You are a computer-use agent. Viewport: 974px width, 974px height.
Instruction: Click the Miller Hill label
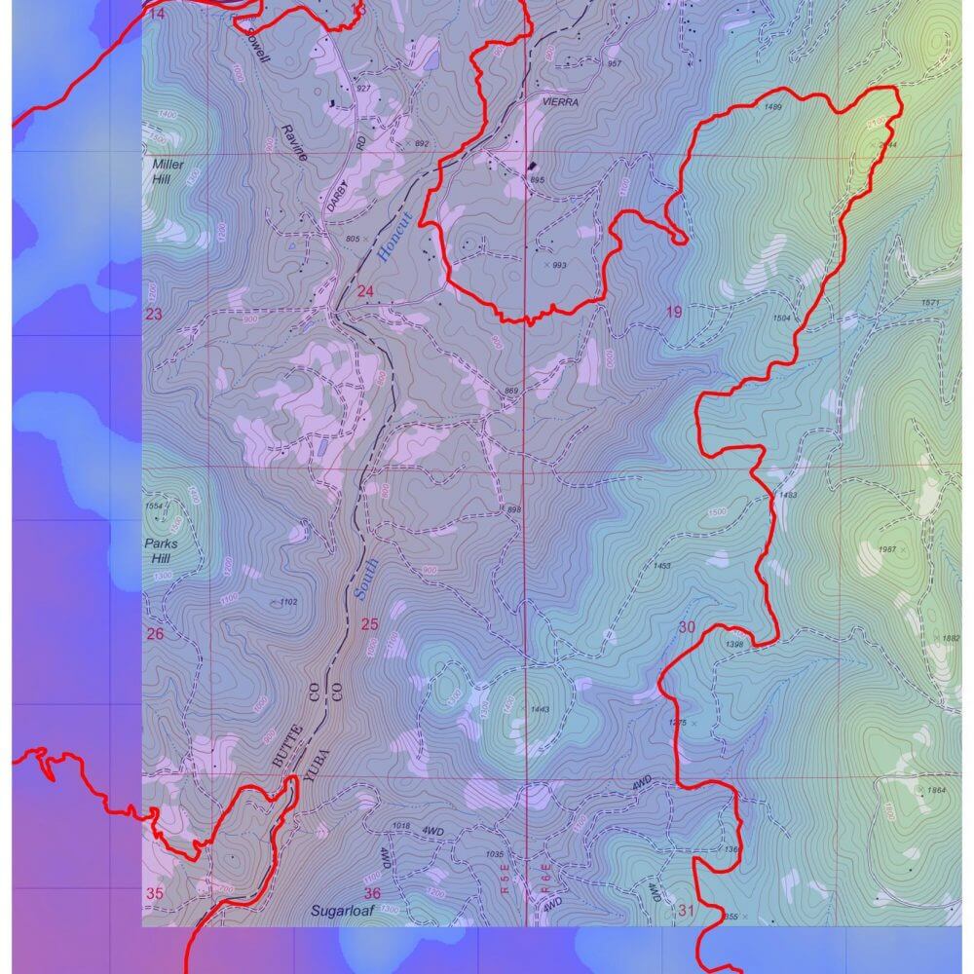tap(168, 171)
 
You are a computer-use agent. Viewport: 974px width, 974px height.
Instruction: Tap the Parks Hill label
tap(162, 551)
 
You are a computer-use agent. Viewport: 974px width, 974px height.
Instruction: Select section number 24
tap(365, 291)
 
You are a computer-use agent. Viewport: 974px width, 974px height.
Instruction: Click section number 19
tap(674, 312)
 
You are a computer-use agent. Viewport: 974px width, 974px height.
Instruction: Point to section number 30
tap(687, 627)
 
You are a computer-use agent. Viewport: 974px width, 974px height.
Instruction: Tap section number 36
tap(372, 893)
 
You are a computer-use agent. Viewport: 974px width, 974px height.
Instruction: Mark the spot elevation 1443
tap(541, 709)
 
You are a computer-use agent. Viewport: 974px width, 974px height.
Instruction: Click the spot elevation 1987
tap(886, 550)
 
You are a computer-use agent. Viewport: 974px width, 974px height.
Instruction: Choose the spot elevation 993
tap(559, 265)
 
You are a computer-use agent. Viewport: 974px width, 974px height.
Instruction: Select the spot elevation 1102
tap(287, 603)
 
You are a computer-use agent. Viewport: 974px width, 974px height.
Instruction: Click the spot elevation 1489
tap(774, 106)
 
